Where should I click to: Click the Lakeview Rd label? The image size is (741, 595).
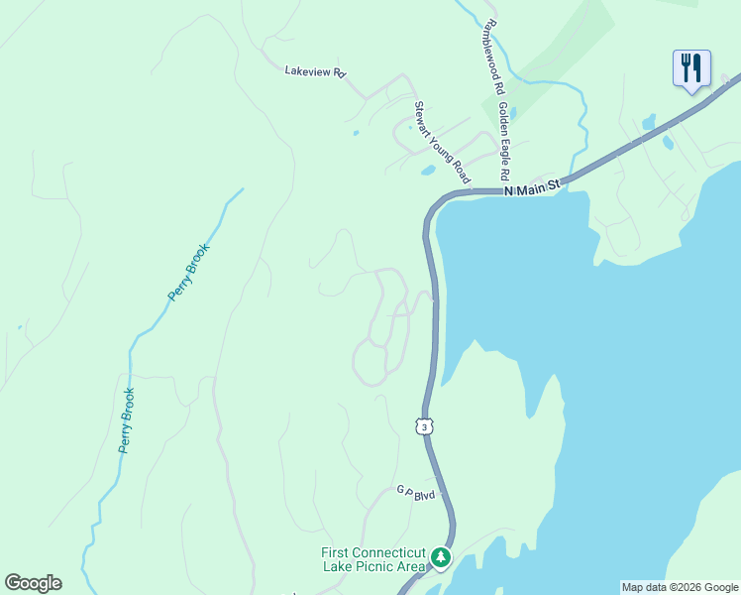[x=314, y=71]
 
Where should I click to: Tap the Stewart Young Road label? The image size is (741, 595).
[x=440, y=141]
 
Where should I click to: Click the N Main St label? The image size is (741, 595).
[x=532, y=185]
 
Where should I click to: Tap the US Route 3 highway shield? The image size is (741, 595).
[x=424, y=426]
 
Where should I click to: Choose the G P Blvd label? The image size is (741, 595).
[x=416, y=492]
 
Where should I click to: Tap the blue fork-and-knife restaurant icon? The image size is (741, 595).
[x=691, y=68]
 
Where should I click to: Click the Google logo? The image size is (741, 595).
[x=33, y=583]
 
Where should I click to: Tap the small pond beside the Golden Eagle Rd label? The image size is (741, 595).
[x=511, y=113]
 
